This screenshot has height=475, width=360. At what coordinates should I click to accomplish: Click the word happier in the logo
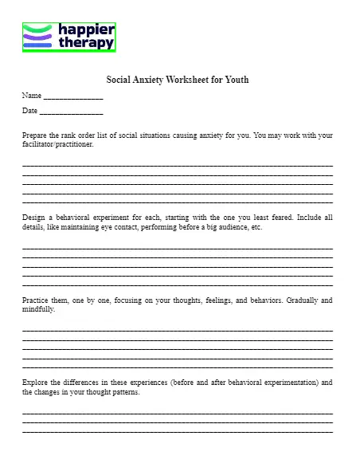(87, 30)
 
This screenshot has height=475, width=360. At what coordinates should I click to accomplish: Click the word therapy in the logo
(86, 43)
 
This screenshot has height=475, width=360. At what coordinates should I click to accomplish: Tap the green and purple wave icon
(37, 37)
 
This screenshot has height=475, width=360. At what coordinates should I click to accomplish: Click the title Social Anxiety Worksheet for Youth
(178, 80)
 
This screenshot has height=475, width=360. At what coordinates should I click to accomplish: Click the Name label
(31, 96)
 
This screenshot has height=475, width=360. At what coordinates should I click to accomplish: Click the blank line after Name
(73, 97)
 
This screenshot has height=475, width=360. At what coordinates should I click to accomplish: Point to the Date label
(29, 111)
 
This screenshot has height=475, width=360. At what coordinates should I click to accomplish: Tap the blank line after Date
(71, 112)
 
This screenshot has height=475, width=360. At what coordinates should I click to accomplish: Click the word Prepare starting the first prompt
(35, 136)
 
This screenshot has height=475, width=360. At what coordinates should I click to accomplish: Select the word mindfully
(38, 309)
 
